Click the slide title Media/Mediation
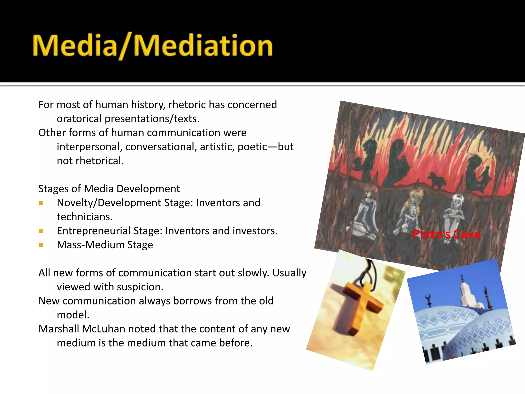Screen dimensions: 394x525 pyautogui.click(x=153, y=46)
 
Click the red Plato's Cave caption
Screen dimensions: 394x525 pyautogui.click(x=446, y=234)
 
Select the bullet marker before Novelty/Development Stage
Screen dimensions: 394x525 pyautogui.click(x=41, y=203)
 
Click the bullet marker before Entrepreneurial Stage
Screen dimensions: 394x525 pyautogui.click(x=41, y=231)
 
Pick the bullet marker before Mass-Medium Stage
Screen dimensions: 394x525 pyautogui.click(x=41, y=245)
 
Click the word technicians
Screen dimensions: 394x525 pyautogui.click(x=85, y=217)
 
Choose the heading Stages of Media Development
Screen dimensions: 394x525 pyautogui.click(x=109, y=189)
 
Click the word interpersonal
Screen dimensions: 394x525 pyautogui.click(x=89, y=147)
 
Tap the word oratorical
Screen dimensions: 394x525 pyautogui.click(x=79, y=119)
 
